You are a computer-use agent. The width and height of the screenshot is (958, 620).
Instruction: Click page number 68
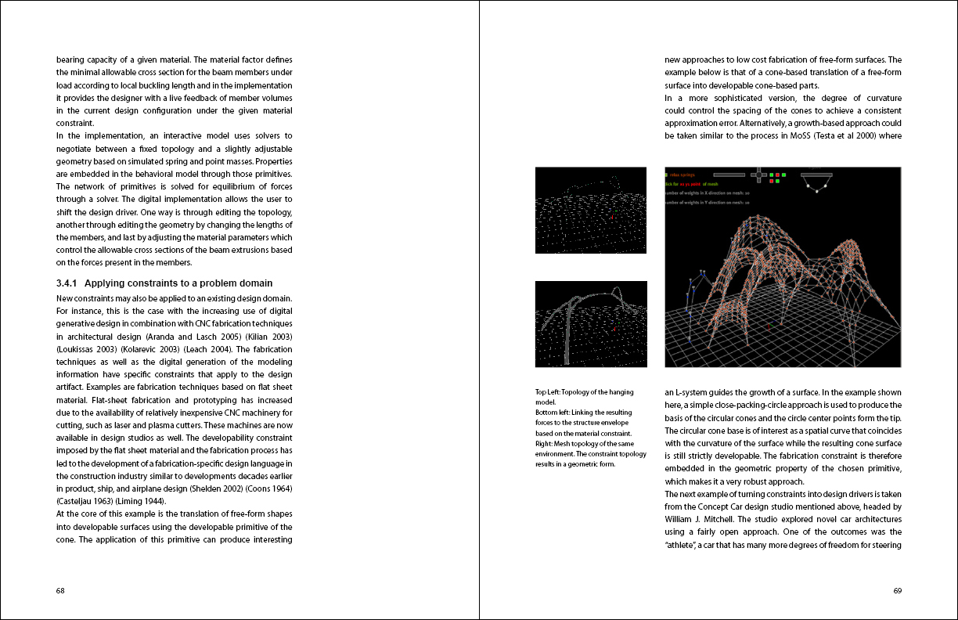(x=60, y=591)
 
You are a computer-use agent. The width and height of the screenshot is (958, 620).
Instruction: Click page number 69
(x=897, y=591)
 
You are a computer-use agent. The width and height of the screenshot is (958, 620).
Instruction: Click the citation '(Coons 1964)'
(x=271, y=488)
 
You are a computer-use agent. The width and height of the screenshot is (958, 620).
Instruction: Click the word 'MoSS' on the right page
(x=783, y=135)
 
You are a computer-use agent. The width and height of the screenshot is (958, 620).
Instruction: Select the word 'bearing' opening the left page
(x=70, y=59)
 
